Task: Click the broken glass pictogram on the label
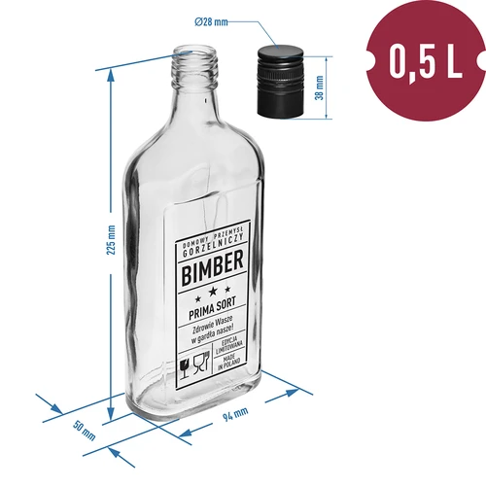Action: pos(185,367)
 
